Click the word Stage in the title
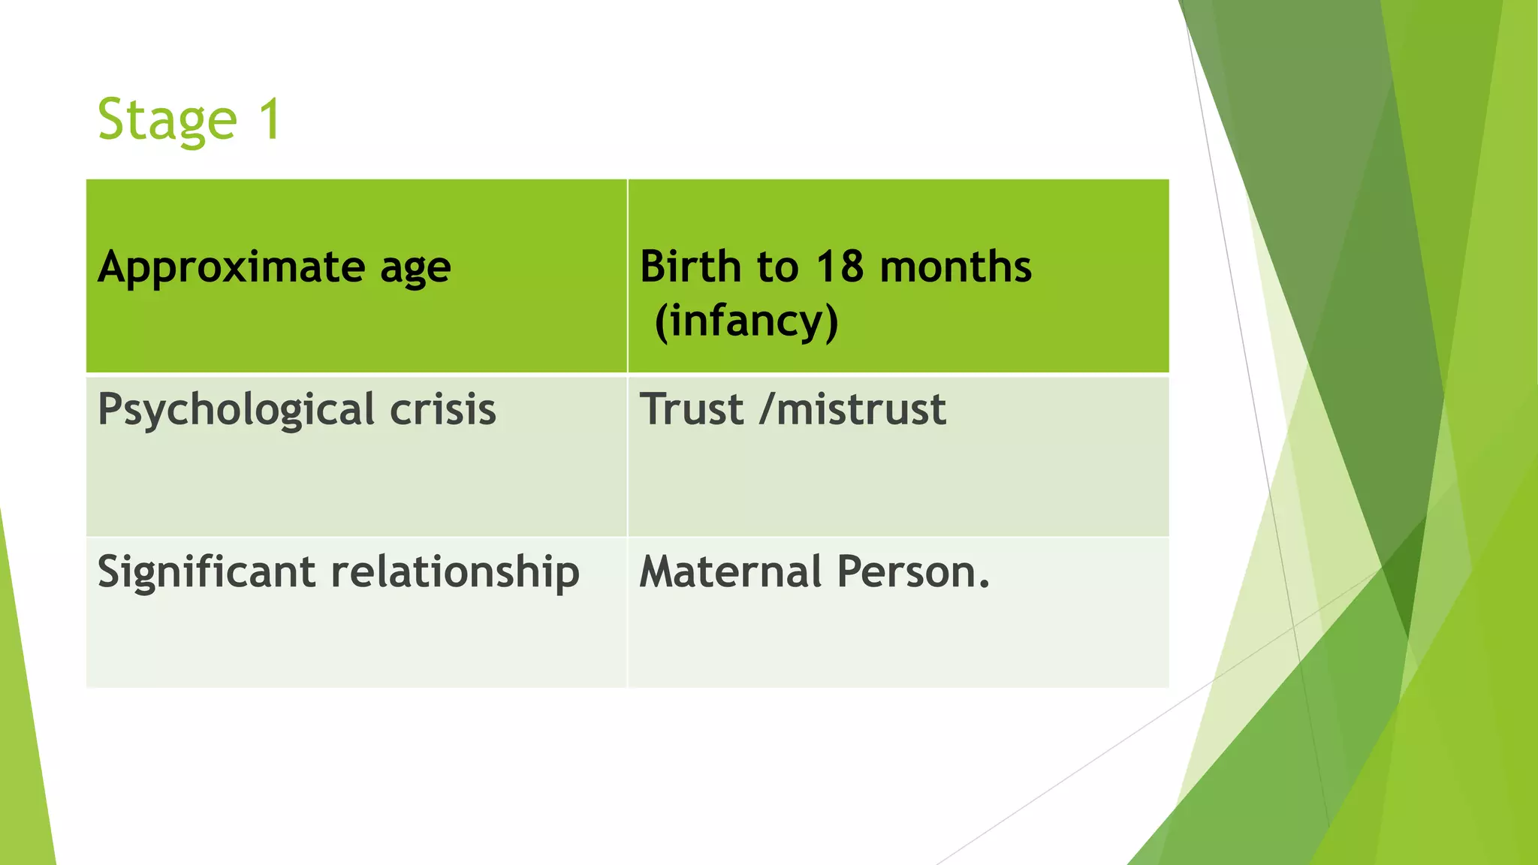pos(167,120)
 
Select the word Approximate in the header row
pos(231,268)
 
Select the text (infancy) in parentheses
pos(746,321)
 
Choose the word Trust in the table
pos(691,409)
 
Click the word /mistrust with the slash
pos(852,409)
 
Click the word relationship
pos(455,572)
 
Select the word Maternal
pos(731,571)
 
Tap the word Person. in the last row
pos(912,571)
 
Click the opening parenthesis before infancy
pos(661,321)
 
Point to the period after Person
pos(985,585)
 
